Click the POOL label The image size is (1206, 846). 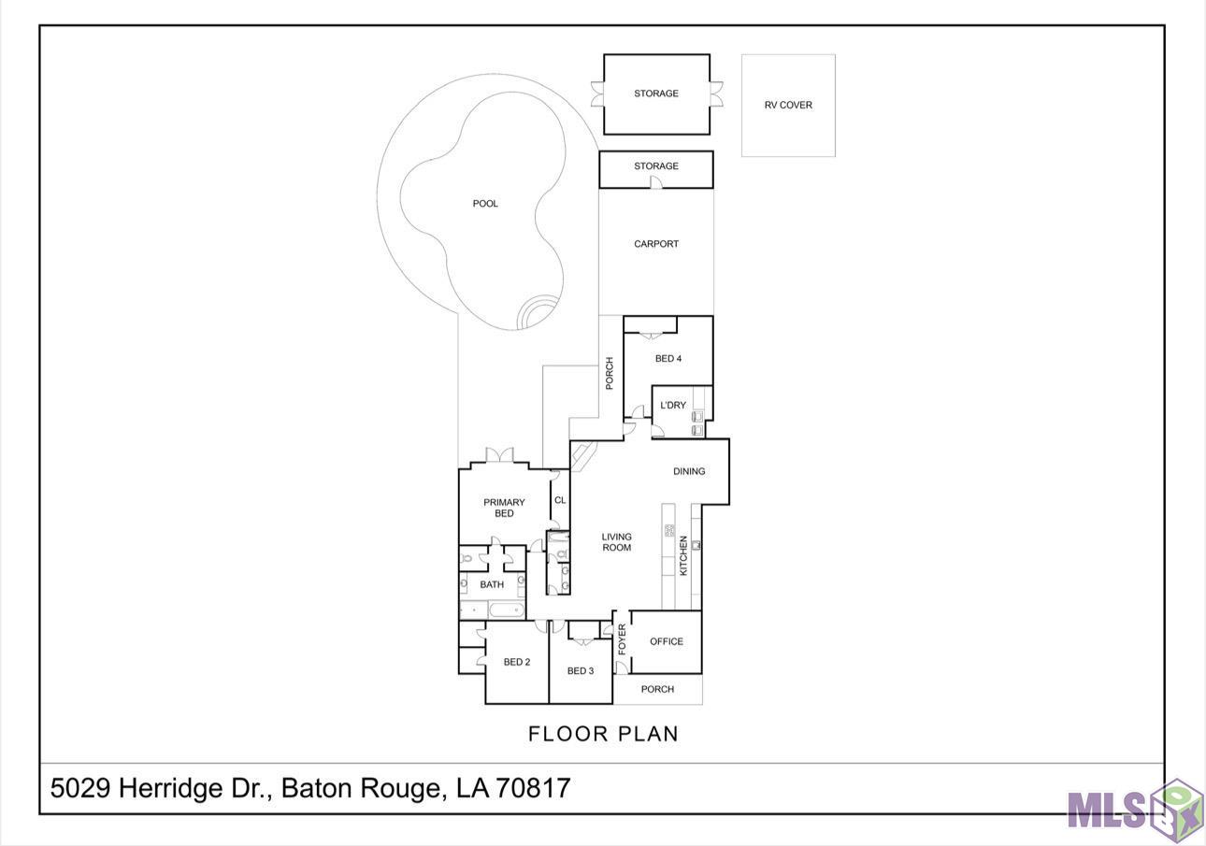[485, 204]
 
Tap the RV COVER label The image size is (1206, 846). [788, 105]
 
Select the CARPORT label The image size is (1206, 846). [656, 244]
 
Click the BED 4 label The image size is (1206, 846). [668, 359]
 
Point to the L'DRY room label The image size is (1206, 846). [673, 405]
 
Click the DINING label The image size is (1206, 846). [689, 472]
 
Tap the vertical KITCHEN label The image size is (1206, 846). [683, 556]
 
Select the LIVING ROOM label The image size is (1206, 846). [616, 542]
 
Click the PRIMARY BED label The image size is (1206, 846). [504, 508]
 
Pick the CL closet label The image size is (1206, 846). [560, 500]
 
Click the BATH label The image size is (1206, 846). [492, 585]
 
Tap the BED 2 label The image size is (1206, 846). [517, 663]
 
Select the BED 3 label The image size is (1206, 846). [581, 671]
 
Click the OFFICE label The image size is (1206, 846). [667, 642]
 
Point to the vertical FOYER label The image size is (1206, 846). [623, 639]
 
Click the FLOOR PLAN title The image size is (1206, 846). [603, 734]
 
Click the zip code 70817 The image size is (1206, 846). [533, 788]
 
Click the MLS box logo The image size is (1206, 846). [1135, 810]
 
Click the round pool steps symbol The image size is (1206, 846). [538, 311]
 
